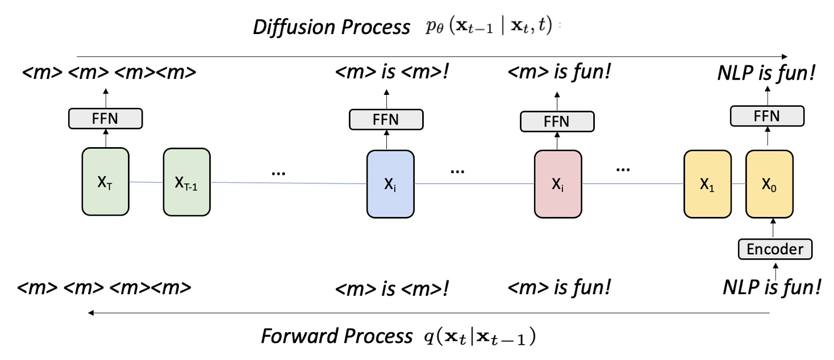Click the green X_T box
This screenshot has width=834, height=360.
106,182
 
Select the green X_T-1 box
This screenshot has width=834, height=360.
186,182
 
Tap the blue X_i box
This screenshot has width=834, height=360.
390,183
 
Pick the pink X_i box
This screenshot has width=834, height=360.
557,183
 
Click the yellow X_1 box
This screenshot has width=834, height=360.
708,184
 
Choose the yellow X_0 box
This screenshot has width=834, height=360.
769,184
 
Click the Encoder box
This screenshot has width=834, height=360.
775,249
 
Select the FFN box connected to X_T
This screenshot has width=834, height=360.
105,119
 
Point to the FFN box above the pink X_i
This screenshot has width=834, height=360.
557,122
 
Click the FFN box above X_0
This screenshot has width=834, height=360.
767,116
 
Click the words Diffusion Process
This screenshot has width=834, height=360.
332,27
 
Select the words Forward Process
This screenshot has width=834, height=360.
336,336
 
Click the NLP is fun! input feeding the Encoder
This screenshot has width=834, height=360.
772,287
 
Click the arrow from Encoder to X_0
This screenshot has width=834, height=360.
772,228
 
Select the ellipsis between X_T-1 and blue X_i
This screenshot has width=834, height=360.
277,171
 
